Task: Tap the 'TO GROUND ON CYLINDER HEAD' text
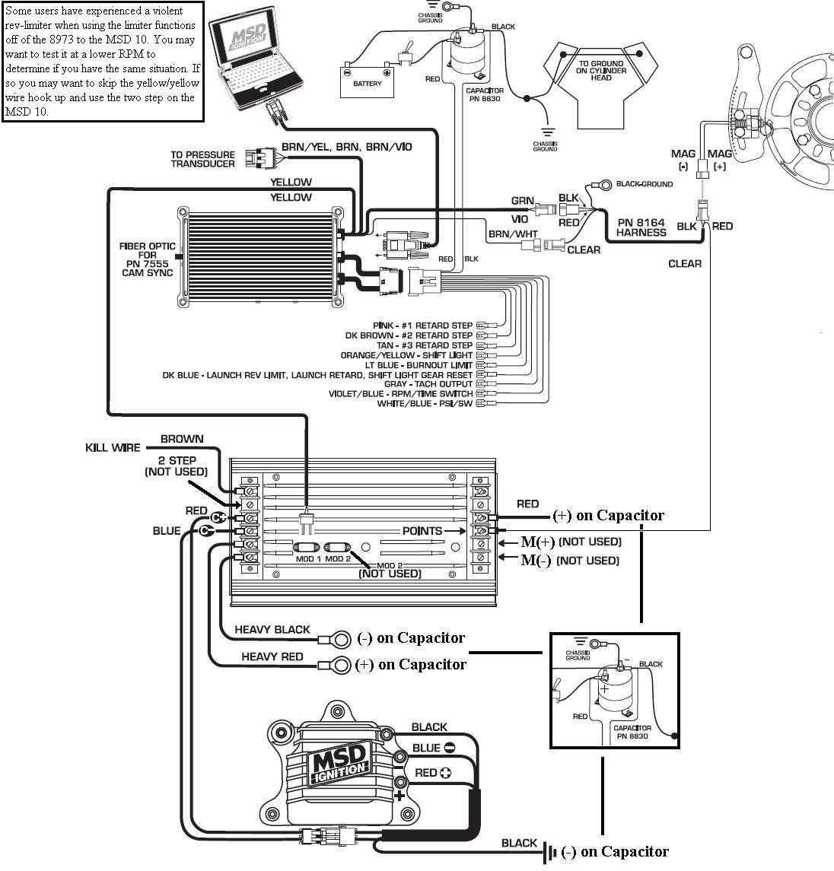[x=600, y=70]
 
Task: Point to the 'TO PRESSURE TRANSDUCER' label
[x=202, y=159]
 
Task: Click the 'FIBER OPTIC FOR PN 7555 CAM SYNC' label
[x=147, y=259]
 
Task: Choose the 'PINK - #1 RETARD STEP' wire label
[x=422, y=326]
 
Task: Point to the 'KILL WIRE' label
[x=113, y=448]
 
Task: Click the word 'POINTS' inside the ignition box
[x=422, y=530]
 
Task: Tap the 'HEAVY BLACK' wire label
[x=272, y=629]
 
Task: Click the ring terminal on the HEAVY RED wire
[x=342, y=665]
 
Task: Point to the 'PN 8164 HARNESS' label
[x=641, y=227]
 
